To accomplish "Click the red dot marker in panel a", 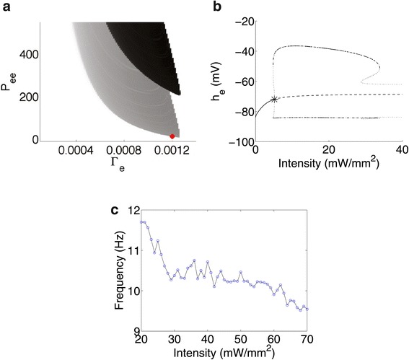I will point(172,136).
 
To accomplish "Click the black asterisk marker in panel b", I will point(274,99).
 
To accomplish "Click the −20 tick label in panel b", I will point(242,22).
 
